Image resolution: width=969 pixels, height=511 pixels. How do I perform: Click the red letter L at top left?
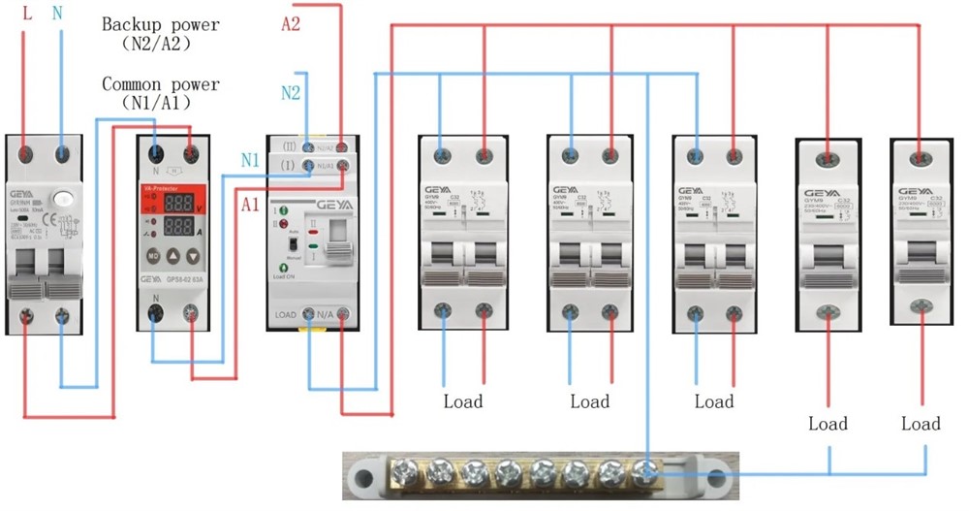point(27,13)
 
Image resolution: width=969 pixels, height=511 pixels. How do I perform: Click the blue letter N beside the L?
point(60,13)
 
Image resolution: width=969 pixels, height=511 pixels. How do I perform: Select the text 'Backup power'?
point(161,23)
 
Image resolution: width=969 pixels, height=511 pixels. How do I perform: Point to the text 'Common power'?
point(161,84)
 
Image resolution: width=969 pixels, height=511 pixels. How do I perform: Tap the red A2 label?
point(291,24)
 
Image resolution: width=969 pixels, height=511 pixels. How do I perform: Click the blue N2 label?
point(291,93)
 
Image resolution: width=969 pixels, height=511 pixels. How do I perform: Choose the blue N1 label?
point(251,161)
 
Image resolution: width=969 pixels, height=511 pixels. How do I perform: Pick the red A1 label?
point(251,204)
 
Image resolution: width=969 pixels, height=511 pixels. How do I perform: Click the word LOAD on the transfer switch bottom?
point(285,315)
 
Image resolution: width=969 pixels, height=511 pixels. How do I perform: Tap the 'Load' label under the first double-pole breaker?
point(463,401)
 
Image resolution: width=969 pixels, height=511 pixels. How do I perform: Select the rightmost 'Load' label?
point(920,424)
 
